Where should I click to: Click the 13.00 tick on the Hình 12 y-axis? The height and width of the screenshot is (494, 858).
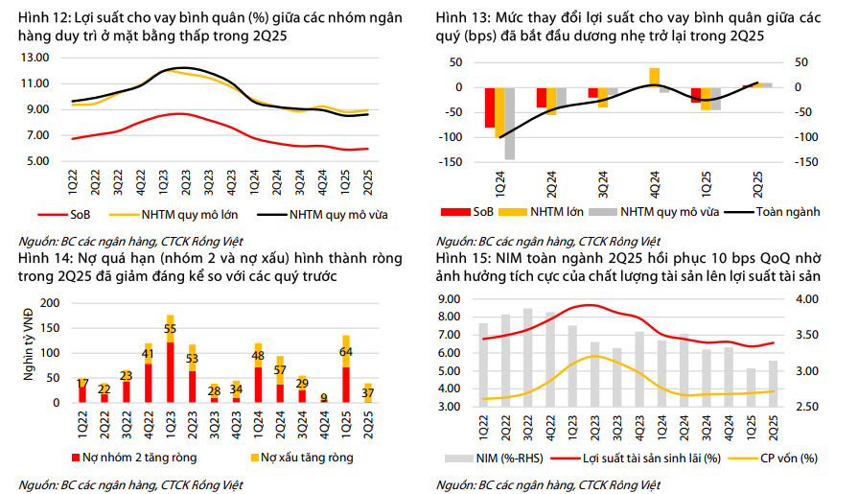35,57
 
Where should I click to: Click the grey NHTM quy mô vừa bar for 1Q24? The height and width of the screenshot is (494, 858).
510,123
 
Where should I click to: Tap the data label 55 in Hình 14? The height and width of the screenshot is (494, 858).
171,331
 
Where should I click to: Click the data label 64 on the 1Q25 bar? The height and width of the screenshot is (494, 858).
346,351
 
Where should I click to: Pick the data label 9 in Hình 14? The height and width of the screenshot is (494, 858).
324,397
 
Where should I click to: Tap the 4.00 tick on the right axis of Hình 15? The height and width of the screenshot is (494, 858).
807,299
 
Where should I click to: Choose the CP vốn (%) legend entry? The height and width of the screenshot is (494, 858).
776,458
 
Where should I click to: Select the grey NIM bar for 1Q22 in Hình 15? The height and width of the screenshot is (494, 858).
484,365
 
